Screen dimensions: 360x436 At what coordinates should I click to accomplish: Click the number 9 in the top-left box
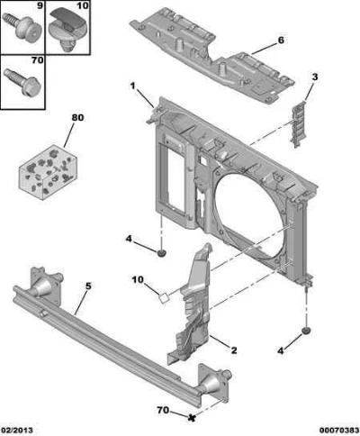click(x=40, y=5)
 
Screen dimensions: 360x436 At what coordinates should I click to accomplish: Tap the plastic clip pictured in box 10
click(x=67, y=30)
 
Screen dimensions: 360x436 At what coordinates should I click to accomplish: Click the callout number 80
click(x=77, y=118)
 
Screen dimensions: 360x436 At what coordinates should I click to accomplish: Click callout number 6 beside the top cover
click(x=281, y=41)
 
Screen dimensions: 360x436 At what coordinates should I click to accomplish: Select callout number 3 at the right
click(x=314, y=77)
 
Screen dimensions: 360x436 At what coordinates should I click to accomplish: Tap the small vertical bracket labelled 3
click(x=299, y=124)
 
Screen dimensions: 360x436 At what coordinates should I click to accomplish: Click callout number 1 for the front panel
click(x=132, y=86)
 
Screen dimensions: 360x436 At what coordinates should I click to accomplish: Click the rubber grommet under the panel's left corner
click(x=162, y=253)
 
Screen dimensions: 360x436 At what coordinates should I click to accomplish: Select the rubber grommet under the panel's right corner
click(x=306, y=331)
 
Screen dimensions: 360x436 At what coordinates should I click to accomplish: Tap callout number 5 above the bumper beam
click(x=88, y=286)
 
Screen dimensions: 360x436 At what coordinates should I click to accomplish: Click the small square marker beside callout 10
click(x=164, y=298)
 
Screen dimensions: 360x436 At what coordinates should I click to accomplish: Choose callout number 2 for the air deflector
click(x=234, y=350)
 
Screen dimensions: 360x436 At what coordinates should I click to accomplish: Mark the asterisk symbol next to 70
click(x=191, y=417)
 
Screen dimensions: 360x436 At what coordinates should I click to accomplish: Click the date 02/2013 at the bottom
click(x=16, y=431)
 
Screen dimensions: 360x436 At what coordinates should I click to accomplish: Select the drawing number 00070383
click(x=339, y=431)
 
